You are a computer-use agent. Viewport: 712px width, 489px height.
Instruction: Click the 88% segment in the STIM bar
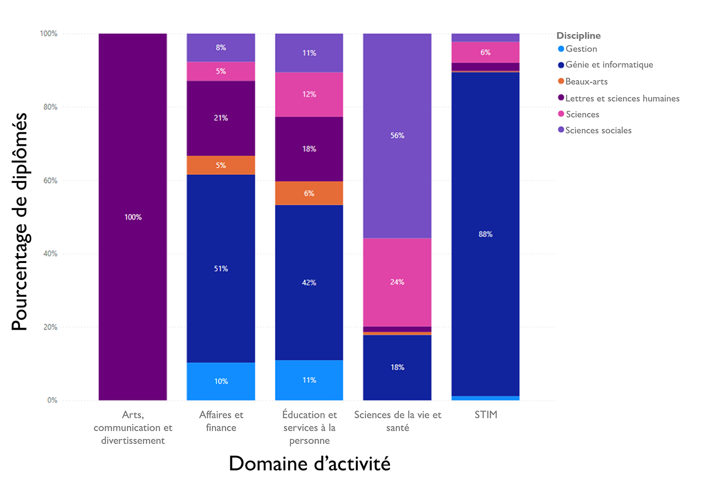coord(485,234)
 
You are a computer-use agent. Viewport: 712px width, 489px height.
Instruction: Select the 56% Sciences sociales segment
coord(397,136)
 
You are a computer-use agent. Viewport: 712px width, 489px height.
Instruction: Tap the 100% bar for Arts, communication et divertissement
coord(133,217)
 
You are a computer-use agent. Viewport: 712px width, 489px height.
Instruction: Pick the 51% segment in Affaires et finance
coord(221,269)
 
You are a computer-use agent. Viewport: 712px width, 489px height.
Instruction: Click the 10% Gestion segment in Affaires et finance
coord(221,381)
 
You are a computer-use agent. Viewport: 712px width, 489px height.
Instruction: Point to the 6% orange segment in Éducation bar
coord(309,193)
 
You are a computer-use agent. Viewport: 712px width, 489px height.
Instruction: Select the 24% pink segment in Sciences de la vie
coord(397,282)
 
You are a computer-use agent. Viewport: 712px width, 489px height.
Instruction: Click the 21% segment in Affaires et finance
coord(221,118)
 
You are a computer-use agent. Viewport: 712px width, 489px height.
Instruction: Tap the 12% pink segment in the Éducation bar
coord(309,94)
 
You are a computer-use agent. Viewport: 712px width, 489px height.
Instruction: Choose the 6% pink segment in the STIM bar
coord(485,52)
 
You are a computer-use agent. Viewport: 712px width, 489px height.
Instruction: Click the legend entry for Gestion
coord(581,49)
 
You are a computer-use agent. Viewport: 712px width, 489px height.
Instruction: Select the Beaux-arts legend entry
coord(586,82)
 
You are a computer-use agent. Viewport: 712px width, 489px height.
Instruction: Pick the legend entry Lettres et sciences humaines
coord(622,99)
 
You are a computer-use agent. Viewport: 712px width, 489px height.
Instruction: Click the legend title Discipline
coord(578,36)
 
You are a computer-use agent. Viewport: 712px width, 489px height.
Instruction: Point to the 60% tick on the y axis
coord(50,180)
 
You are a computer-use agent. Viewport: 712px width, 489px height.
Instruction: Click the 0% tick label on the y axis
coord(52,400)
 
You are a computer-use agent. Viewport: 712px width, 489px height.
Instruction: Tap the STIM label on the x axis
coord(486,415)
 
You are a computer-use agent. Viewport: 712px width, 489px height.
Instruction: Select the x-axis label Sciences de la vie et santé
coord(398,421)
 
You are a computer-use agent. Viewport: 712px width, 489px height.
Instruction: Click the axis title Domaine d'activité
coord(309,463)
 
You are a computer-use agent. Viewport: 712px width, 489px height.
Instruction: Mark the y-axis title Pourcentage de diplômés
coord(20,221)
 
